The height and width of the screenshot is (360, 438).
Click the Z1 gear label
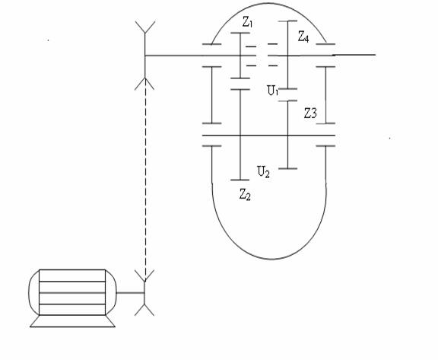point(247,22)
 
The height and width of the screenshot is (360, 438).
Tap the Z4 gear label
point(303,37)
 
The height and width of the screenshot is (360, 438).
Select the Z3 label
point(310,113)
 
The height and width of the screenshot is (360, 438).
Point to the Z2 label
point(245,194)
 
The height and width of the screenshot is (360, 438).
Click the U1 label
point(273,91)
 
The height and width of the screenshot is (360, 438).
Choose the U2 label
point(263,171)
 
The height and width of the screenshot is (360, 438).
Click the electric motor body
point(72,292)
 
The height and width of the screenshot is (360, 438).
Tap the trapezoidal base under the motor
point(72,321)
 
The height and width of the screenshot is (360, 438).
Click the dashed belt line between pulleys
point(145,180)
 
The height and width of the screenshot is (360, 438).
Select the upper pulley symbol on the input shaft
point(144,56)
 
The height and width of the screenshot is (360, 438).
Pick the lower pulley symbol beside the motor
point(144,293)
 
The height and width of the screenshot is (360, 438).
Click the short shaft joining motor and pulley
point(130,293)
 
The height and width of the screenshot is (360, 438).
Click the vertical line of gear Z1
point(240,56)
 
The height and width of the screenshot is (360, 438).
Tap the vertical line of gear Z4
point(287,55)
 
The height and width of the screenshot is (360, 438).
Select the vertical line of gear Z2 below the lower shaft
point(240,158)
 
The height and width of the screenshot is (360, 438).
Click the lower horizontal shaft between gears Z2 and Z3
point(264,135)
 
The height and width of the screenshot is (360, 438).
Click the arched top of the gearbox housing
point(269,3)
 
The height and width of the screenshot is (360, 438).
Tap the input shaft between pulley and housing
point(173,56)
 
